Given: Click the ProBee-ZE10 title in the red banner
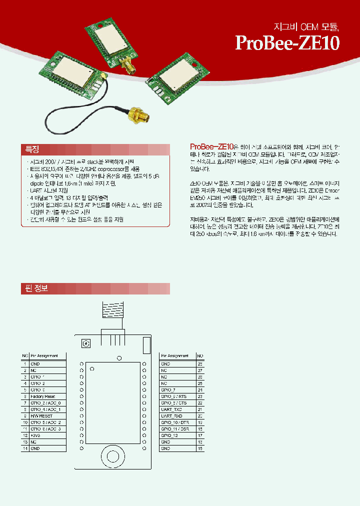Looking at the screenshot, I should tap(287, 43).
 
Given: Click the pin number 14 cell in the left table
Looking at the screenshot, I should tap(24, 448).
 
